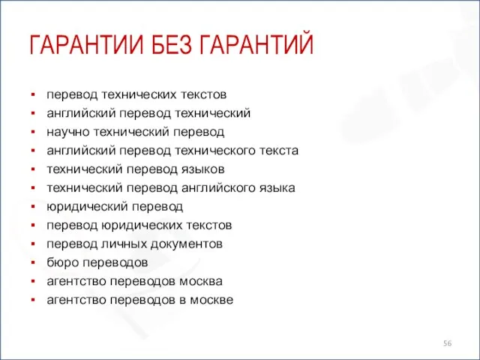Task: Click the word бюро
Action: point(61,262)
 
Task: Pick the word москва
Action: point(202,281)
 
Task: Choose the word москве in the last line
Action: point(213,300)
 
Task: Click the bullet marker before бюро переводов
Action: point(34,262)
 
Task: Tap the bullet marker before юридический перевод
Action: point(34,207)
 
